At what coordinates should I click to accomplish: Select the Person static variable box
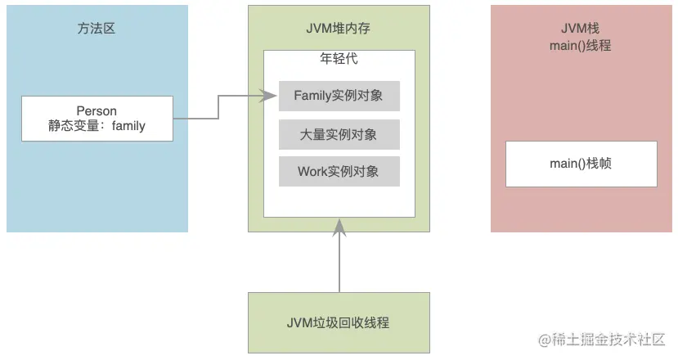coord(97,119)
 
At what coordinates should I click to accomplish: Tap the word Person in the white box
coord(97,110)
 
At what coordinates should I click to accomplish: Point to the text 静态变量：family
coord(97,127)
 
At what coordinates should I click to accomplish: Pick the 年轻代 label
coord(339,59)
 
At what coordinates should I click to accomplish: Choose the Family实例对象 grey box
coord(339,96)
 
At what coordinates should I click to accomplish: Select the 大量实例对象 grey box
coord(339,134)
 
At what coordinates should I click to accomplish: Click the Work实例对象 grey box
coord(339,172)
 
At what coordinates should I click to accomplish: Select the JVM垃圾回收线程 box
coord(339,322)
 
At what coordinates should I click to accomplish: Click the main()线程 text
coord(581,46)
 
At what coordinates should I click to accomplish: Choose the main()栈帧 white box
coord(581,164)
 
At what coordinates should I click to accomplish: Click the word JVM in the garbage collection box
coord(301,322)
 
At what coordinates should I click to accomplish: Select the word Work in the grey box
coord(312,172)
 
